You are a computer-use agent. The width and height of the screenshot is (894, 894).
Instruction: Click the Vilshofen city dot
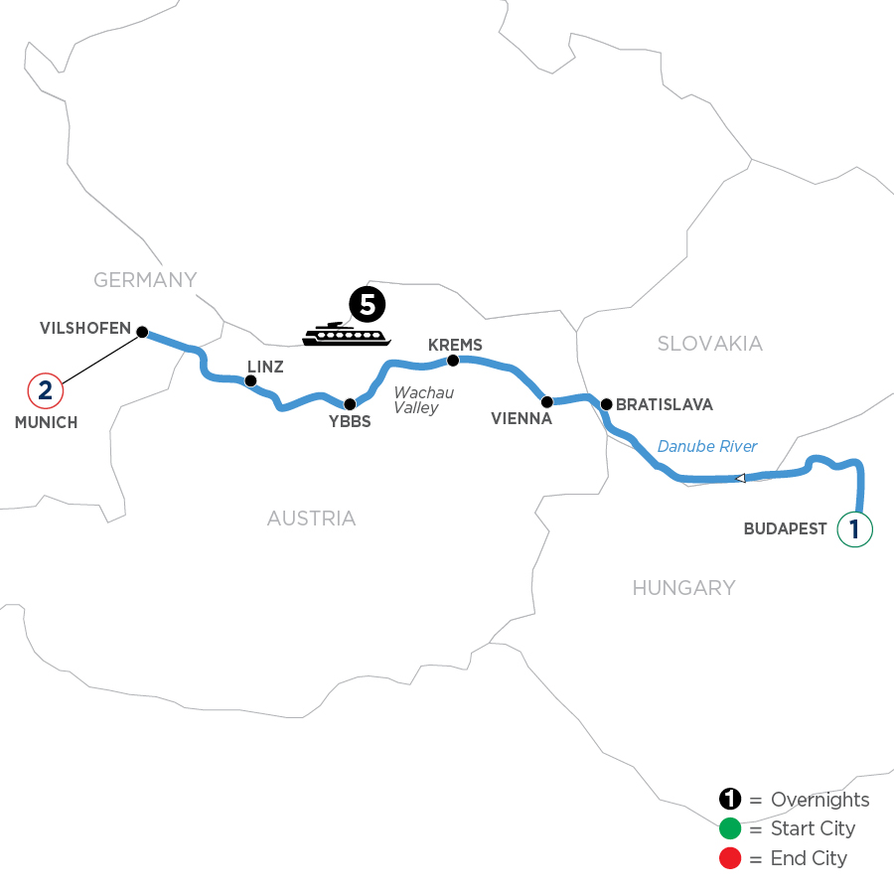coord(141,332)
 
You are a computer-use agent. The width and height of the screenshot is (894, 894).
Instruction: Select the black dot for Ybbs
coord(350,404)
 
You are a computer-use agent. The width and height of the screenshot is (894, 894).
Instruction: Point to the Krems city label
coord(454,345)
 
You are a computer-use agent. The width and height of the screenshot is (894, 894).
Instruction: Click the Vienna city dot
coord(546,401)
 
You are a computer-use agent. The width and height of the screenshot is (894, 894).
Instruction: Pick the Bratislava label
coord(664,404)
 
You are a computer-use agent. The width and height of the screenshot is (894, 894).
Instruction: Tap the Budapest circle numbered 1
coord(855,528)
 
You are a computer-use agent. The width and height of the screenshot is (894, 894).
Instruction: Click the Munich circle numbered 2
coord(46,389)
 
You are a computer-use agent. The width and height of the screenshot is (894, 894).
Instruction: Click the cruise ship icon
coord(342,334)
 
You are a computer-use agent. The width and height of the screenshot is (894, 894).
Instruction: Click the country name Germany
coord(146,280)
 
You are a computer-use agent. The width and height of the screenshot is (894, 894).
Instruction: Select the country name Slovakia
coord(710,344)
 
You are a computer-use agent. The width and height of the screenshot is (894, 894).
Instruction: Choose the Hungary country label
coord(683,588)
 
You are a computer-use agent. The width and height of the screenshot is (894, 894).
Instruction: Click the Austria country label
coord(311,519)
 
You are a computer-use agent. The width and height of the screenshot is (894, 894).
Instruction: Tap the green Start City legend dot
coord(730,828)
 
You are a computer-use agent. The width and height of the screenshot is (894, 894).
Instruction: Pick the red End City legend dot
coord(730,857)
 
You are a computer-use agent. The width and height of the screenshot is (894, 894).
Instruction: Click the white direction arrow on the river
coord(740,479)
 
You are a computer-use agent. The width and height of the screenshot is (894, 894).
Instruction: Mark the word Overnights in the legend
coord(819,800)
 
